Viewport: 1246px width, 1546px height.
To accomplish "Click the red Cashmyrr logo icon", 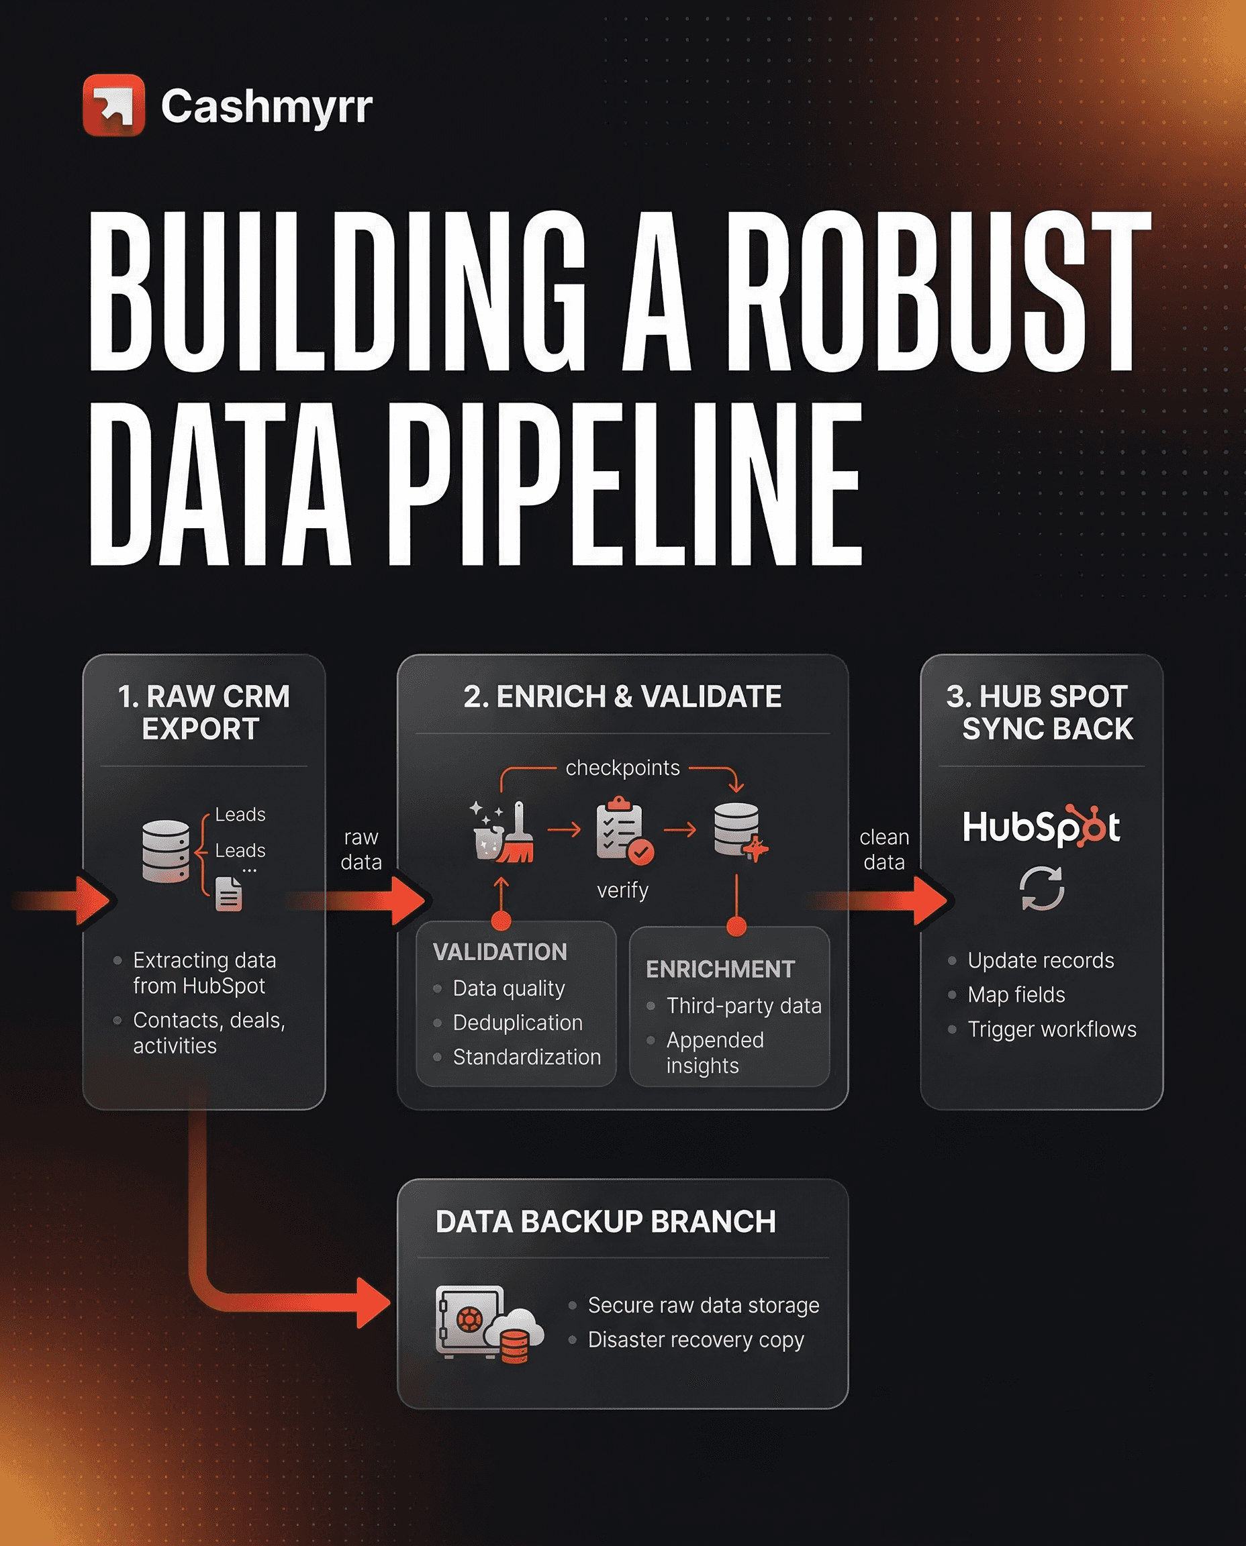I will pyautogui.click(x=113, y=105).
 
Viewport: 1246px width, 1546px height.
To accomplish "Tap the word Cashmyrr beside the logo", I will pyautogui.click(x=267, y=106).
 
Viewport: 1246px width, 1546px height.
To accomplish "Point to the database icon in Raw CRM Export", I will pyautogui.click(x=166, y=851).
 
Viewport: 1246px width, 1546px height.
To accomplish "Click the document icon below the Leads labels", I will pyautogui.click(x=229, y=894).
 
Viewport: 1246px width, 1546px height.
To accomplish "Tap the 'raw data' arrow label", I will pyautogui.click(x=361, y=849).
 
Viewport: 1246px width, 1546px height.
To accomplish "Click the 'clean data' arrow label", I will pyautogui.click(x=883, y=849).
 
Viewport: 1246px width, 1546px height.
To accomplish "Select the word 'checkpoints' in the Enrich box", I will pyautogui.click(x=622, y=768).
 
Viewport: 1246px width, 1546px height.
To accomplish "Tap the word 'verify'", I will pyautogui.click(x=622, y=890).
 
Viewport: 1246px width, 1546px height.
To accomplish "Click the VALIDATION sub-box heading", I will pyautogui.click(x=500, y=952).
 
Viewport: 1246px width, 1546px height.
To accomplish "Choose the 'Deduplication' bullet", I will pyautogui.click(x=518, y=1023).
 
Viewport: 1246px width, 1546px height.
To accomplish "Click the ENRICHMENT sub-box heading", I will pyautogui.click(x=720, y=969).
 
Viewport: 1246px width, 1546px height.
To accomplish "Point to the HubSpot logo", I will pyautogui.click(x=1041, y=827).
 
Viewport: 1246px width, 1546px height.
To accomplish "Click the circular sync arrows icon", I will pyautogui.click(x=1041, y=888).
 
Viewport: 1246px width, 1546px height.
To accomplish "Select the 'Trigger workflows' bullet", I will pyautogui.click(x=1051, y=1029).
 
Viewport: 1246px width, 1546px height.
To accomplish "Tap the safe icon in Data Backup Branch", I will pyautogui.click(x=470, y=1321).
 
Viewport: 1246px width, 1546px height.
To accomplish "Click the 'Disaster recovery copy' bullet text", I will pyautogui.click(x=696, y=1339).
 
